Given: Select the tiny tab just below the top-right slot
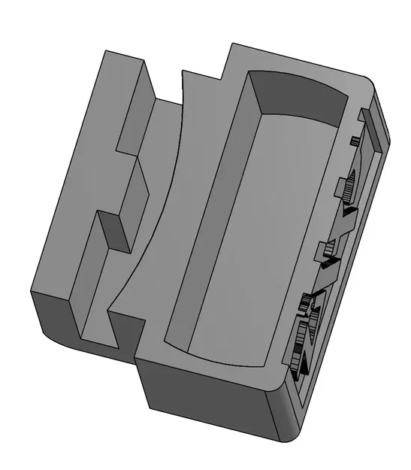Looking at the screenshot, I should (352, 140).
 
